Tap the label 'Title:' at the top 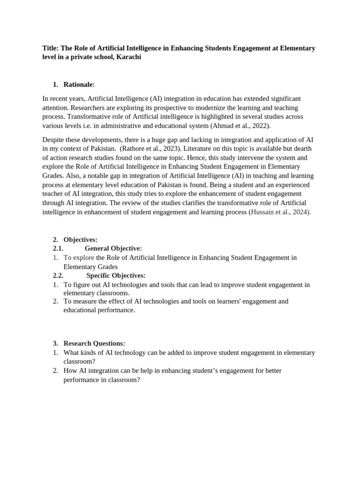point(50,48)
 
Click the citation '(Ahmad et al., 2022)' point(240,126)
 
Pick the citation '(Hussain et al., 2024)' point(279,212)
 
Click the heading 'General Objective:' point(113,248)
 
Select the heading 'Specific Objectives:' point(116,276)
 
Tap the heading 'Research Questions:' point(94,344)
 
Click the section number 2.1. point(58,248)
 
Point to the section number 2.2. point(58,276)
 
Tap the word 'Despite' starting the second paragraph point(53,140)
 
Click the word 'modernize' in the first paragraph point(199,108)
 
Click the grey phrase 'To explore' point(79,257)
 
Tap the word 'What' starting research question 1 point(72,352)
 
